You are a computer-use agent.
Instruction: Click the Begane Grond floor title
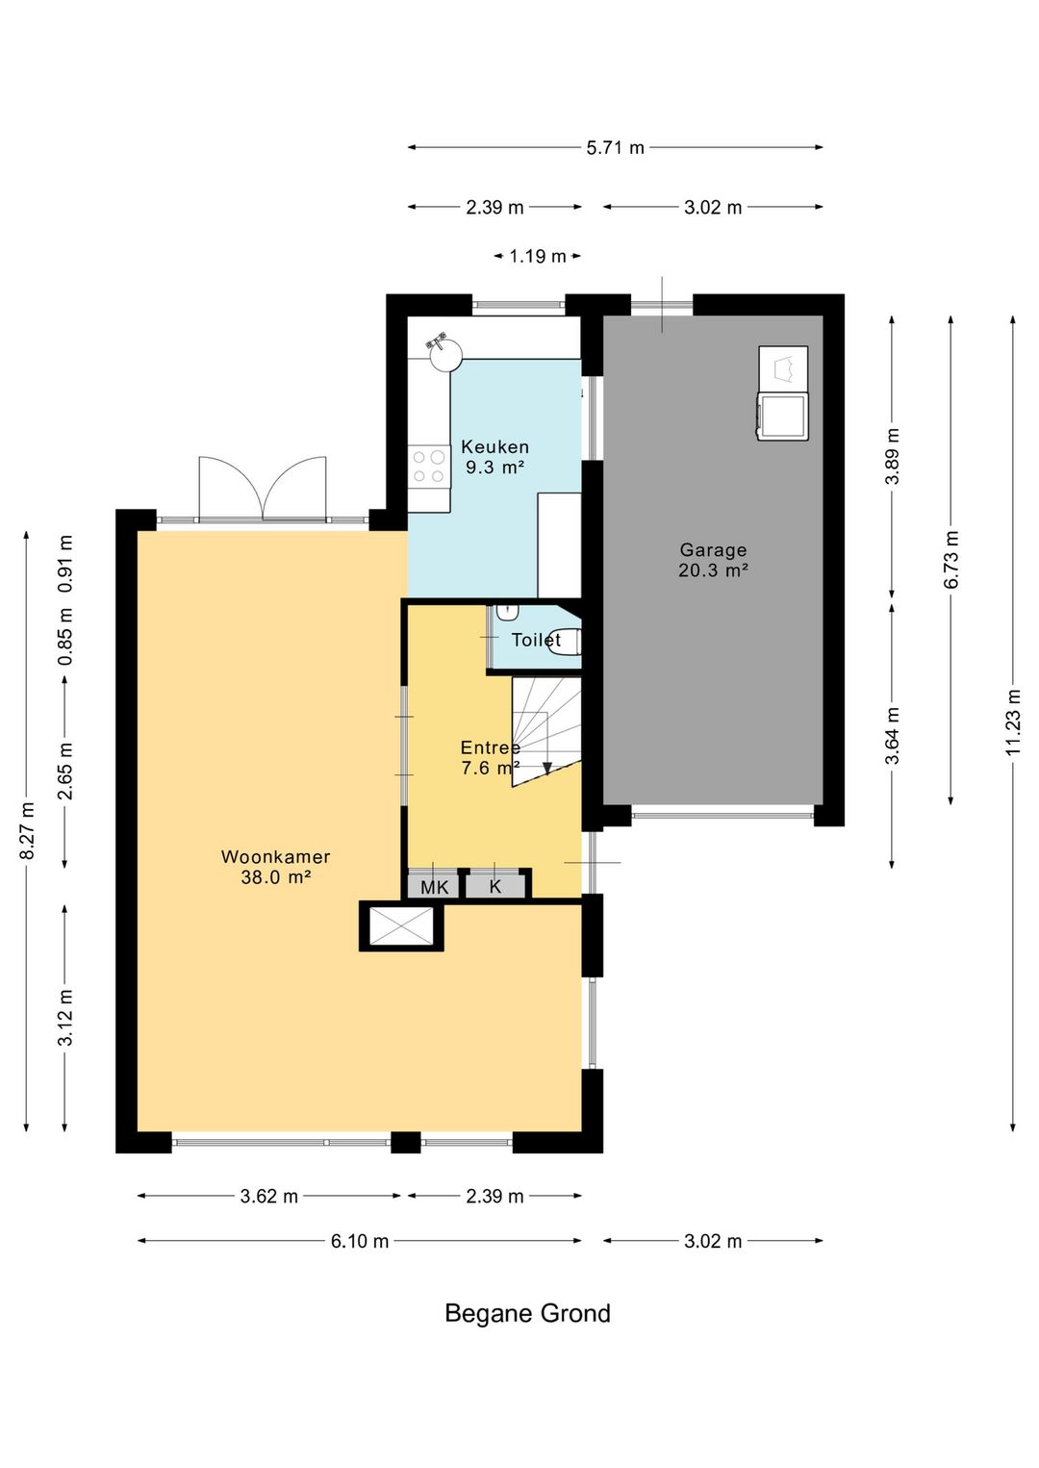(x=527, y=1313)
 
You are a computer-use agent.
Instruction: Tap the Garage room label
(x=713, y=550)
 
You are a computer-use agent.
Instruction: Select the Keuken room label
(x=494, y=447)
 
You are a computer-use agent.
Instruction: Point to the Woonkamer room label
(x=275, y=856)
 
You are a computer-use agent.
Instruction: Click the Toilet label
(x=536, y=640)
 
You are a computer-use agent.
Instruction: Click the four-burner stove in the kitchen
(x=429, y=466)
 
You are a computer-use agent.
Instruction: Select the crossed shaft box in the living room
(x=402, y=926)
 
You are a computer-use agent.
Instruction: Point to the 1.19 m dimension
(x=538, y=256)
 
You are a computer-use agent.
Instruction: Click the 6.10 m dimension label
(x=359, y=1241)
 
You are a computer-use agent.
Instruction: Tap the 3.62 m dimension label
(x=268, y=1197)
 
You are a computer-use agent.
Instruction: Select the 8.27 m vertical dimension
(x=27, y=829)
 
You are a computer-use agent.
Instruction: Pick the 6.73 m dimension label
(x=951, y=559)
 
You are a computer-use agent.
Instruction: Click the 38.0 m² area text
(x=275, y=877)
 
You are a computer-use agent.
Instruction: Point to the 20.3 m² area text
(x=713, y=570)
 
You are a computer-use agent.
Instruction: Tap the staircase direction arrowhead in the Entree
(x=546, y=768)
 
